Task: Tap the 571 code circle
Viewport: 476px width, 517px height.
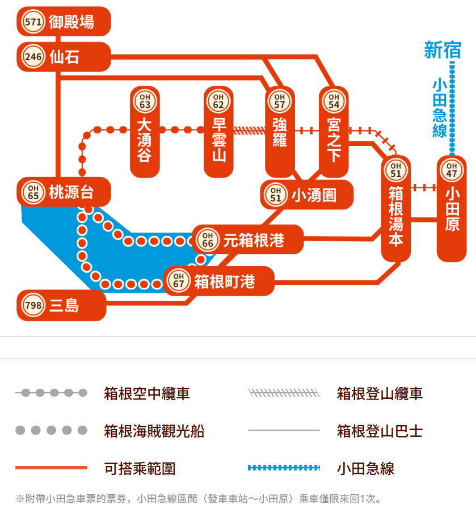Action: pos(33,22)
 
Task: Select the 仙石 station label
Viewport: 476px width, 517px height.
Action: pos(64,57)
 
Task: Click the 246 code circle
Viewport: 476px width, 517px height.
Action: pos(33,57)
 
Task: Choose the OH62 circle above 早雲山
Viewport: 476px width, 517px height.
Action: pos(218,102)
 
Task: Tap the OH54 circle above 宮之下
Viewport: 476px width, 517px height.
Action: pos(334,102)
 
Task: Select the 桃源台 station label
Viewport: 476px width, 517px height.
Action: pos(71,192)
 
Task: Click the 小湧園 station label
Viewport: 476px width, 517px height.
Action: pos(314,195)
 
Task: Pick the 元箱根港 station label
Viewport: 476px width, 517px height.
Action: pos(254,240)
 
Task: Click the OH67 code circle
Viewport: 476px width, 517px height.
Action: pos(179,281)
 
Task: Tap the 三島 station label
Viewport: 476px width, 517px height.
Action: pos(64,305)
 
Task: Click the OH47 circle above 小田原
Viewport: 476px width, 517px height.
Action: pos(452,170)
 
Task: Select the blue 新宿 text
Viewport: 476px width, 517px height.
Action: pos(443,51)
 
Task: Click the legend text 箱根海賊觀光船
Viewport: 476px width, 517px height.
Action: pos(154,431)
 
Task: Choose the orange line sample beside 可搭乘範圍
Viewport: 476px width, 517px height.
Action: pos(51,468)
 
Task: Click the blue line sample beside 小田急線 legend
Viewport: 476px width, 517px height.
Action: pos(284,468)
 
